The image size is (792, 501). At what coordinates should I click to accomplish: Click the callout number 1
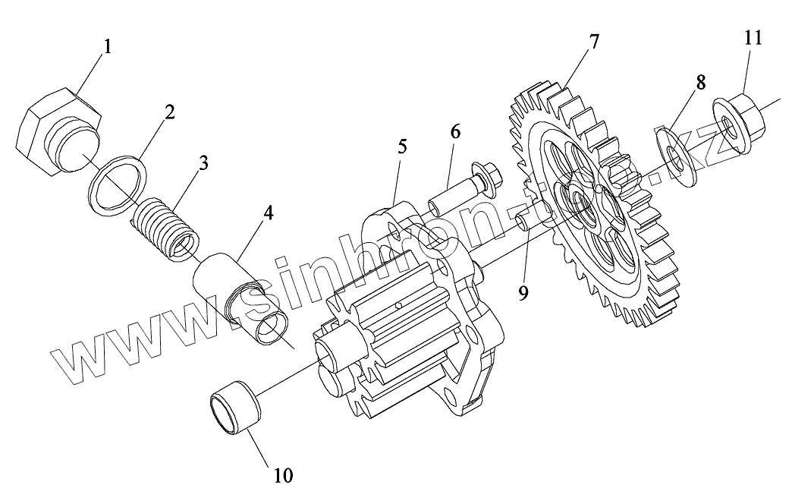coord(107,47)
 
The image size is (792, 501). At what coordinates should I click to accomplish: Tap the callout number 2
coord(168,112)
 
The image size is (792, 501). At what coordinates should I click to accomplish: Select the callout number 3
coord(203,162)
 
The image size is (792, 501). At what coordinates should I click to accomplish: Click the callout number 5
coord(402,147)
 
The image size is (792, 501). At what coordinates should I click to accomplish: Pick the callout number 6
coord(454,131)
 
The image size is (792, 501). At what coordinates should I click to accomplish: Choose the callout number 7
coord(593,42)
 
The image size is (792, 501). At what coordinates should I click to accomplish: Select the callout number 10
coord(282,475)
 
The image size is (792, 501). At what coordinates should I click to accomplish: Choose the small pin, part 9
coord(525,221)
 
